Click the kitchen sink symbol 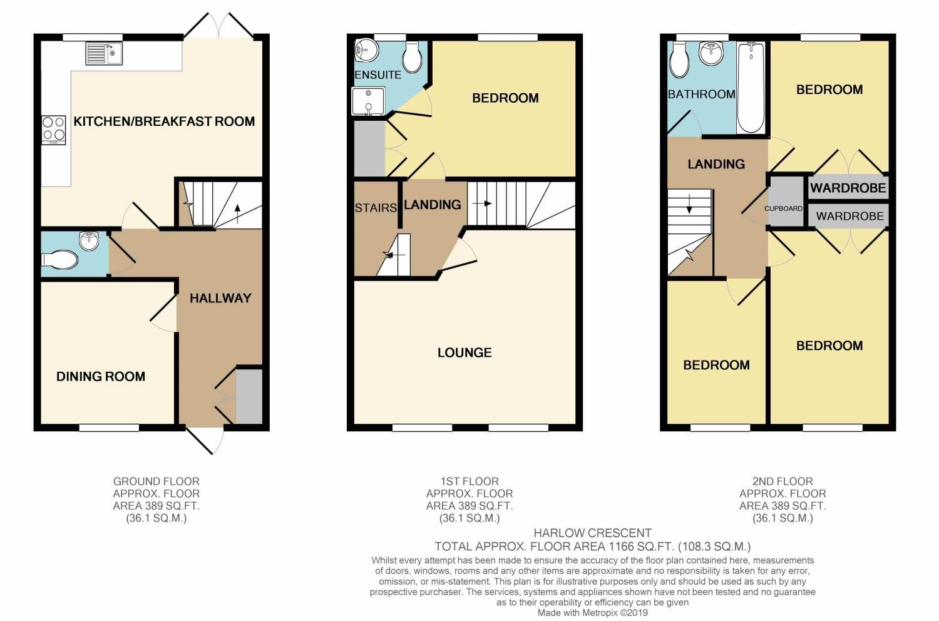[x=104, y=53]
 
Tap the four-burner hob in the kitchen [x=53, y=130]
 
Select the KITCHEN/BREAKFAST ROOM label [x=164, y=121]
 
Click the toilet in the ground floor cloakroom [x=60, y=259]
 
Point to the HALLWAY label [x=220, y=298]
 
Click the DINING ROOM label [x=101, y=376]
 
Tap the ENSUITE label [x=377, y=74]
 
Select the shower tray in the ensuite [x=368, y=101]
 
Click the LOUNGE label [x=464, y=352]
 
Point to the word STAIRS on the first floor [x=376, y=208]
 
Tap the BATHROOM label [x=701, y=94]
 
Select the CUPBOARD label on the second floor [x=783, y=208]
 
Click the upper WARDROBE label [x=848, y=187]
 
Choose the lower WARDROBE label [x=849, y=216]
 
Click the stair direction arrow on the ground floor [x=237, y=211]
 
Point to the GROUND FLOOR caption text [x=156, y=481]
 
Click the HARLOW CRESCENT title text [x=592, y=533]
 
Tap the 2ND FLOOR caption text [x=782, y=481]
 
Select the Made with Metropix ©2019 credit [x=592, y=613]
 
